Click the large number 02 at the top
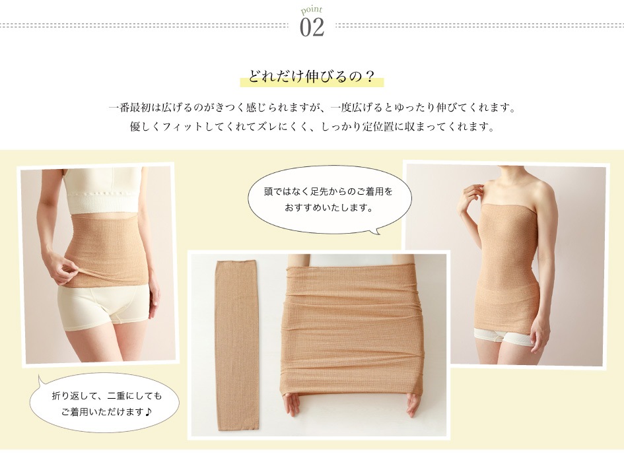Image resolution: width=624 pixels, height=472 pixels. [312, 27]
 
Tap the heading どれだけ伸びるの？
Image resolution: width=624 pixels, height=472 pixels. [312, 76]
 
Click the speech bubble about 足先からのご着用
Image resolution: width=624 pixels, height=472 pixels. [329, 199]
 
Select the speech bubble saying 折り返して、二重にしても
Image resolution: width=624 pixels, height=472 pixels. [105, 403]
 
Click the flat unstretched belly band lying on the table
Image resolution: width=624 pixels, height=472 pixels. [236, 345]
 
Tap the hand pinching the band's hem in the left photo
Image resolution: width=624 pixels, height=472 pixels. [63, 269]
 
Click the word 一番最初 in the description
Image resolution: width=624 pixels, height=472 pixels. [129, 108]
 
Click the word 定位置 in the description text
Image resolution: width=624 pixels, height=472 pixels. [378, 127]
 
